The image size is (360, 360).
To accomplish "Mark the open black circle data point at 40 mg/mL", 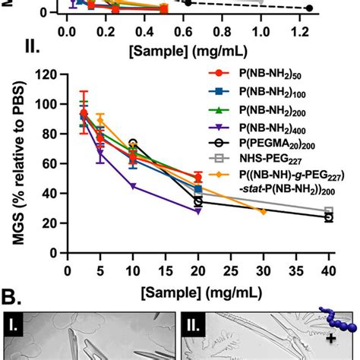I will click(329, 217).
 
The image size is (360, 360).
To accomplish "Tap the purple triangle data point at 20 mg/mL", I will click(198, 211).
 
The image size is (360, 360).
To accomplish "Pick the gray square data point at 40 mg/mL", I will click(329, 210).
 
